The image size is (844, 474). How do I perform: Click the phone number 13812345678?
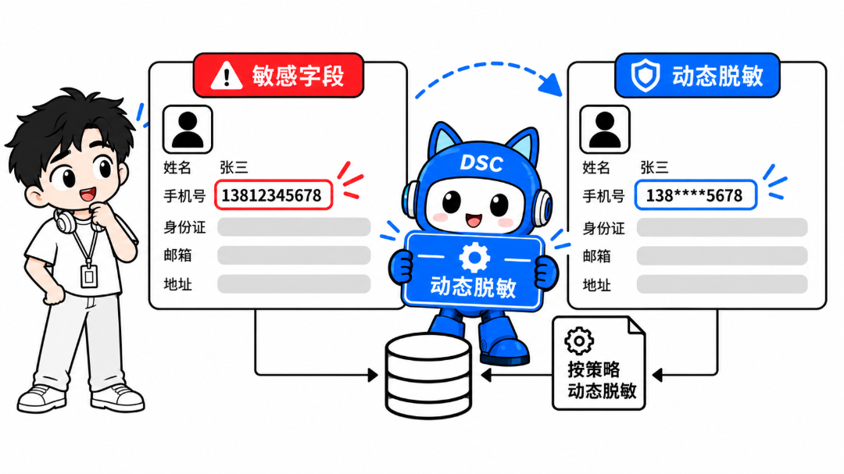(x=271, y=195)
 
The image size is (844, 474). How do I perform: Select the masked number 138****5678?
(x=694, y=195)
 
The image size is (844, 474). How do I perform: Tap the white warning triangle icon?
(x=226, y=75)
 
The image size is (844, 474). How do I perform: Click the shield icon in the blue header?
(x=645, y=75)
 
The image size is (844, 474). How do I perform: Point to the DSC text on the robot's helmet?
(x=481, y=163)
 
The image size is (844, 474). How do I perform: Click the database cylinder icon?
(x=428, y=376)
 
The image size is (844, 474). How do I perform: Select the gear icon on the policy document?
(x=579, y=340)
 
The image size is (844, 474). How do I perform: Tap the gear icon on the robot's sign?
(x=474, y=257)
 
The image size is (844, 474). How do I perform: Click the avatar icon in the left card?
(x=188, y=130)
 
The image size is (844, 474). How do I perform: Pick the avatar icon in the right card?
(x=605, y=130)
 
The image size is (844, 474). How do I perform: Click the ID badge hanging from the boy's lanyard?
(x=89, y=276)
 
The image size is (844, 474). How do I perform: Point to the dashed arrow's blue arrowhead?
(x=551, y=84)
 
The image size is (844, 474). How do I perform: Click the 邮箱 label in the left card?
(x=177, y=255)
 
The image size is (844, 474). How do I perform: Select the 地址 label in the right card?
(x=596, y=284)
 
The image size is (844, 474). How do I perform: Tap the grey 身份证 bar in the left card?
(x=294, y=227)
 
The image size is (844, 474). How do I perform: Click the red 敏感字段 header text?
(x=298, y=75)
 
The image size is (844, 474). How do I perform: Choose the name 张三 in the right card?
(x=654, y=167)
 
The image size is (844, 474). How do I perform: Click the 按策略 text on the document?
(x=593, y=369)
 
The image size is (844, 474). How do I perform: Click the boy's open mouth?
(x=88, y=194)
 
